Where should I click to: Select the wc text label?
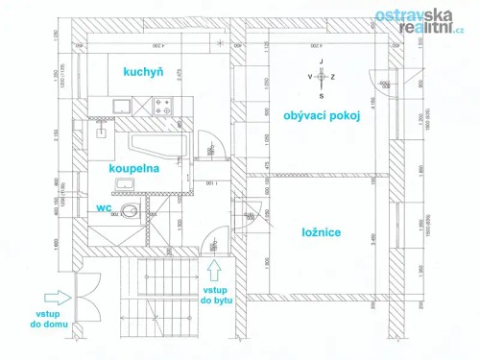point(105,206)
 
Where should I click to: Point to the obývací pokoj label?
point(322,116)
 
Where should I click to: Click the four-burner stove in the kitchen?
point(160,105)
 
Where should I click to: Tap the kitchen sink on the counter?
point(122,105)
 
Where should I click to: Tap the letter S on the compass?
point(322,96)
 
